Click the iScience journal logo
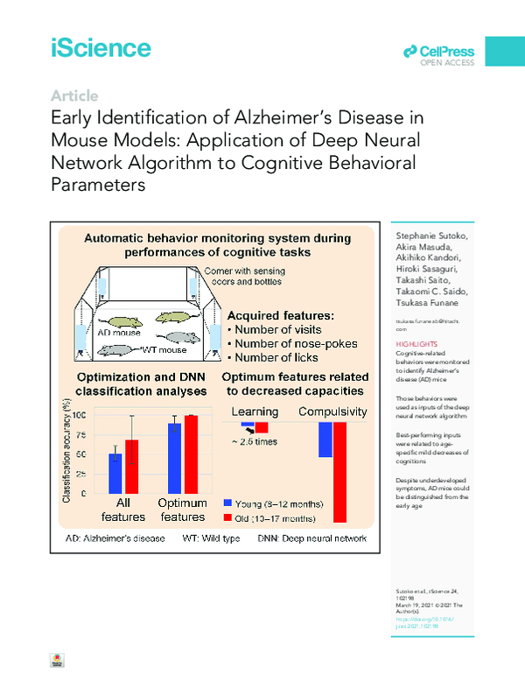101,48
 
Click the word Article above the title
74,96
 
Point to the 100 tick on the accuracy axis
79,415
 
